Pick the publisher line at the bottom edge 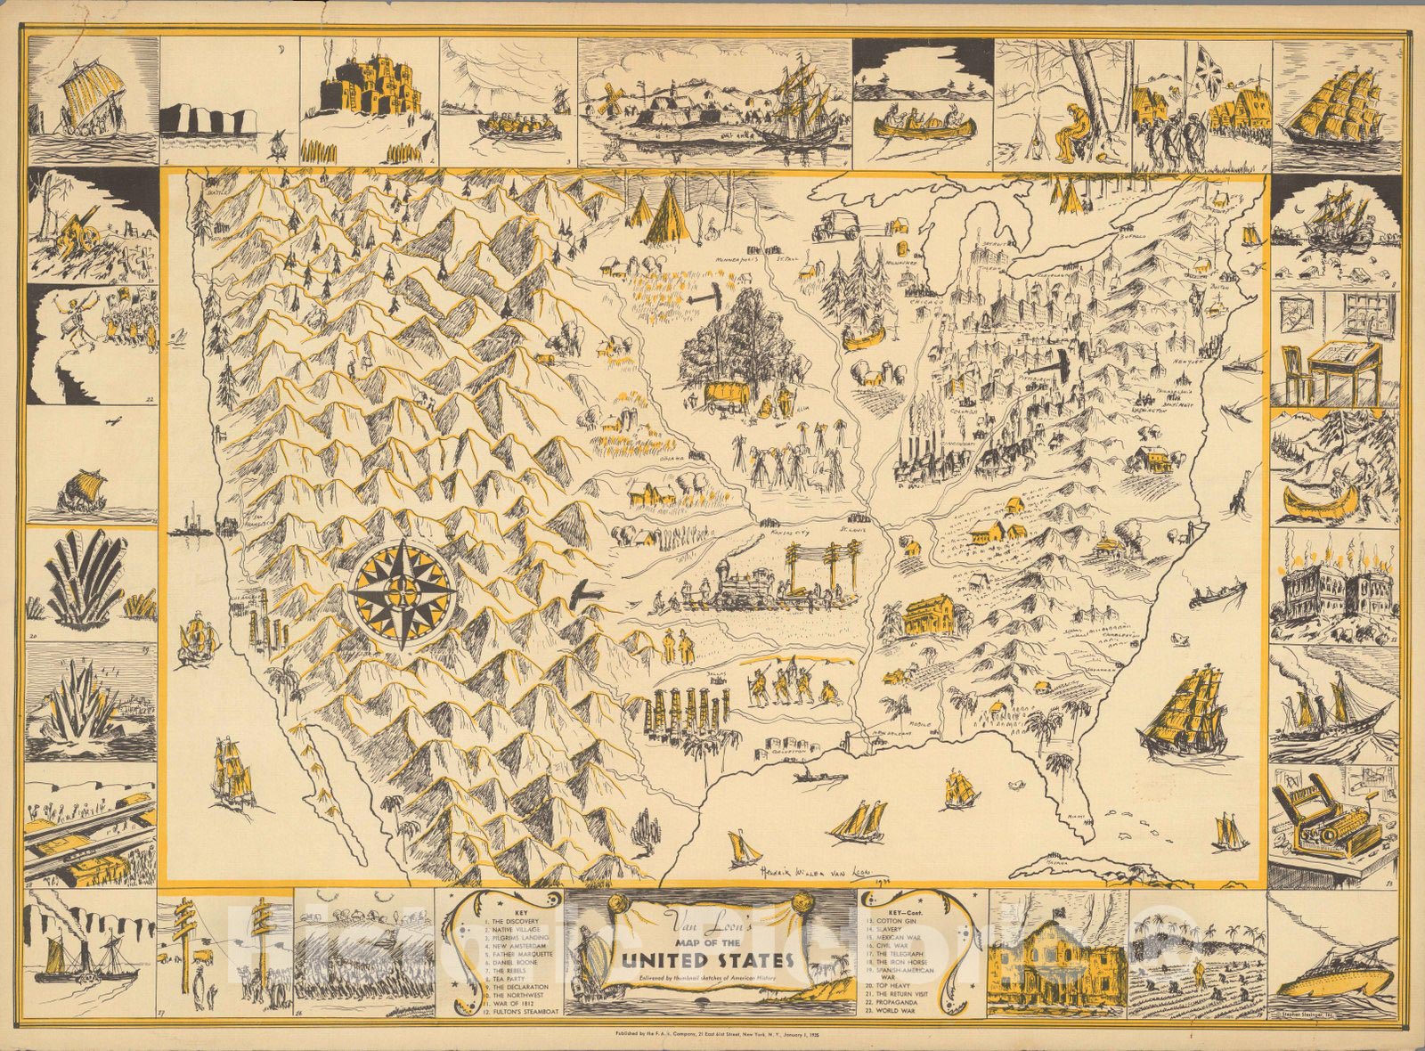pyautogui.click(x=712, y=1034)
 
